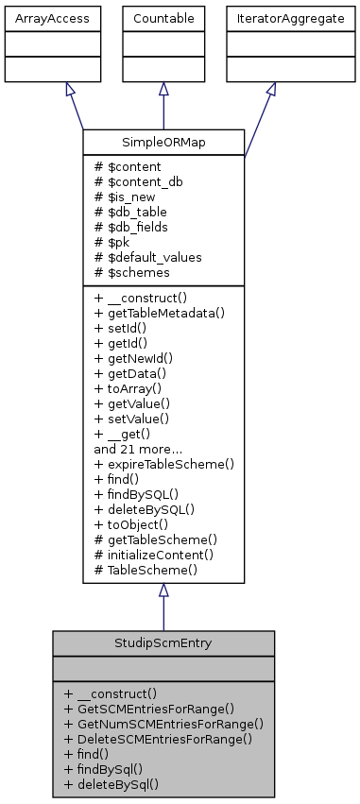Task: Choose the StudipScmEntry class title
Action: [163, 643]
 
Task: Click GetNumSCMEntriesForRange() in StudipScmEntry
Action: [163, 723]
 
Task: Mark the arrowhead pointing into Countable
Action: [163, 89]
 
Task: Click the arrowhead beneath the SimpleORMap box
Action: [163, 590]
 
